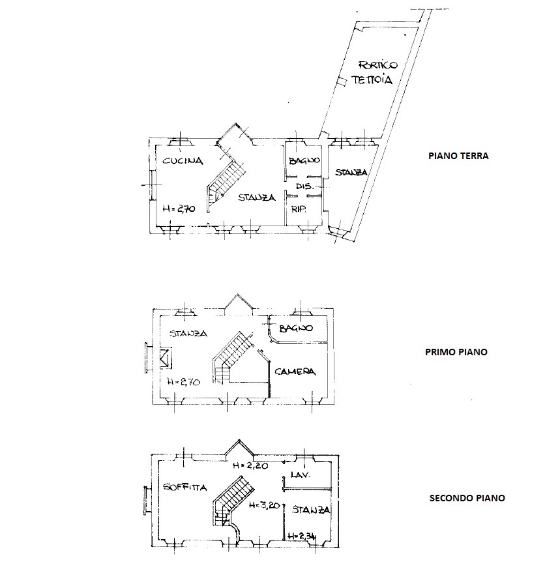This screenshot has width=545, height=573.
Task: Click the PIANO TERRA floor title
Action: pyautogui.click(x=458, y=156)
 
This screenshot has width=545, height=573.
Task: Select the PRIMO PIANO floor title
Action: pyautogui.click(x=456, y=352)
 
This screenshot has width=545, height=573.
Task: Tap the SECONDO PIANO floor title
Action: pyautogui.click(x=467, y=498)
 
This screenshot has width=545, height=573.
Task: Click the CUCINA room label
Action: pyautogui.click(x=183, y=161)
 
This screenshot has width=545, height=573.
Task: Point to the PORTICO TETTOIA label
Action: pyautogui.click(x=374, y=73)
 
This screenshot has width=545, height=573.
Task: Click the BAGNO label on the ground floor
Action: pyautogui.click(x=304, y=160)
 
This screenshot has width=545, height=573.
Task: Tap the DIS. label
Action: pyautogui.click(x=305, y=186)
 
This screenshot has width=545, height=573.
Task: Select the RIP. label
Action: pyautogui.click(x=299, y=209)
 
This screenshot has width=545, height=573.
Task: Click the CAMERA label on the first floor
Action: pyautogui.click(x=295, y=372)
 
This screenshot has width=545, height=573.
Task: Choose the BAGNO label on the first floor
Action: pyautogui.click(x=296, y=328)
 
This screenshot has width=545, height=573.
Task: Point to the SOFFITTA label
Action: pyautogui.click(x=185, y=487)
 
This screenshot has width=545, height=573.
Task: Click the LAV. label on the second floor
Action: pyautogui.click(x=301, y=475)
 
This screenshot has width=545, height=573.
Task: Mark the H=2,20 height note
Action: pyautogui.click(x=250, y=465)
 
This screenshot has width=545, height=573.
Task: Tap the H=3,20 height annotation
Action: pyautogui.click(x=264, y=505)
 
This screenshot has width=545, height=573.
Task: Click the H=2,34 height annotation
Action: pyautogui.click(x=302, y=536)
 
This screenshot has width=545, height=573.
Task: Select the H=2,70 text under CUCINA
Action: pyautogui.click(x=179, y=209)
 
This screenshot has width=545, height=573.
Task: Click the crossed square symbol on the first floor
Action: pyautogui.click(x=165, y=358)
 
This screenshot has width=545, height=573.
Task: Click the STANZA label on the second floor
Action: pyautogui.click(x=311, y=510)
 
